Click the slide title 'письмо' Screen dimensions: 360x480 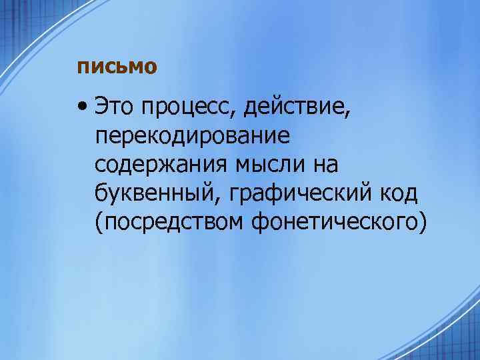(x=117, y=67)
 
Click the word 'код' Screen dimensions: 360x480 (x=397, y=193)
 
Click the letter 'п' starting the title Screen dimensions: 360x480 (x=82, y=67)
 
